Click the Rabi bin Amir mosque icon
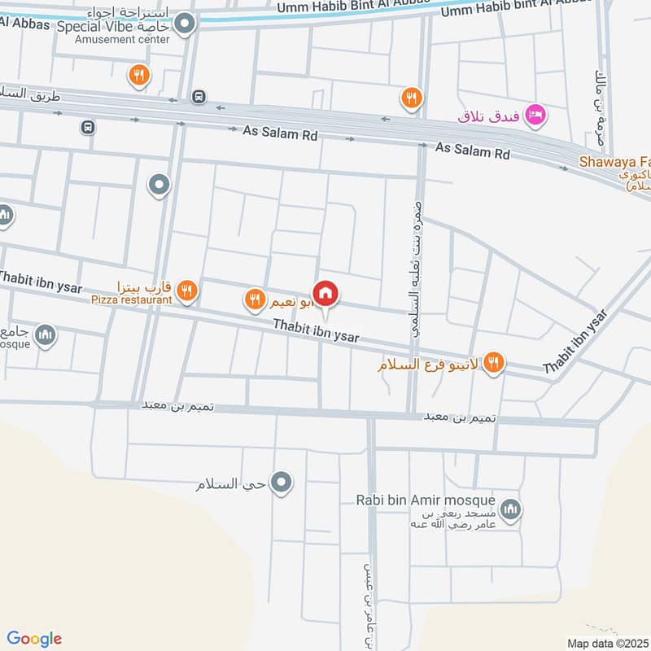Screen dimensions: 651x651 (x=510, y=510)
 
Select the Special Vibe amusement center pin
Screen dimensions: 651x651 (x=186, y=24)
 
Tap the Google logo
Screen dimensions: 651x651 (x=34, y=639)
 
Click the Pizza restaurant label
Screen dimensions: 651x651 (x=132, y=299)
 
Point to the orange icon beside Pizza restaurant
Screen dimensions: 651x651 (x=187, y=290)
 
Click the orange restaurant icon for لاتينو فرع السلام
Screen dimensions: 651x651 (x=492, y=364)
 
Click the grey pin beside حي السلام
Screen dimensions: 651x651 (x=282, y=483)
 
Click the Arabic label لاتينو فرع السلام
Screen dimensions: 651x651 (x=426, y=365)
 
